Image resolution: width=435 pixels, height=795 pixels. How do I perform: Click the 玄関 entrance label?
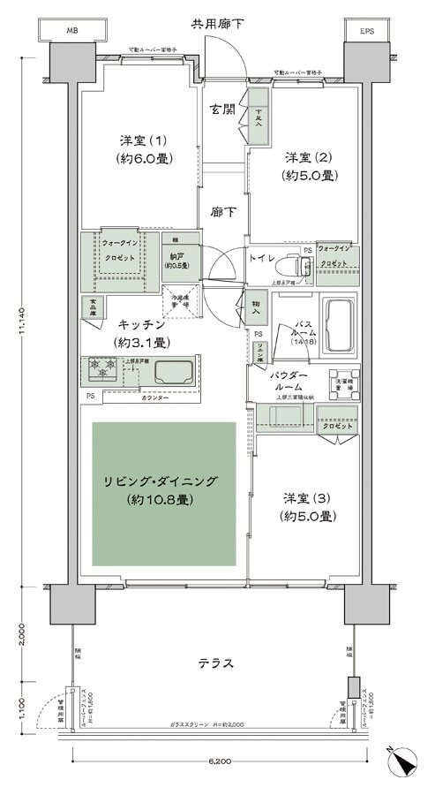click(222, 110)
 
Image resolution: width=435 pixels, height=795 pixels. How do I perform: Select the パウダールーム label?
click(289, 382)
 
